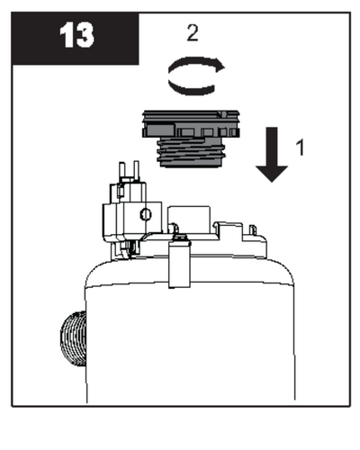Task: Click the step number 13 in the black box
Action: pyautogui.click(x=76, y=35)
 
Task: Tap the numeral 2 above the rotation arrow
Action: pyautogui.click(x=193, y=33)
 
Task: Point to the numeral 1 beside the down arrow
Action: pyautogui.click(x=300, y=147)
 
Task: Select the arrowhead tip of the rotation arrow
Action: pyautogui.click(x=225, y=67)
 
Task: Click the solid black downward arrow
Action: pyautogui.click(x=272, y=155)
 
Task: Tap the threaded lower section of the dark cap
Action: pyautogui.click(x=191, y=152)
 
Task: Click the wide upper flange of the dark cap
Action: pyautogui.click(x=191, y=124)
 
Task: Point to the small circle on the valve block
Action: pyautogui.click(x=146, y=214)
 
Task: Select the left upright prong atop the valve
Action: pyautogui.click(x=122, y=170)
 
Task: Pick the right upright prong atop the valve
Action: pyautogui.click(x=136, y=170)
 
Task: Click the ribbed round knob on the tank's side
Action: pyautogui.click(x=74, y=338)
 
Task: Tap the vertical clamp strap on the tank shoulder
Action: pyautogui.click(x=179, y=264)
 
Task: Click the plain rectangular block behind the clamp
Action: pyautogui.click(x=189, y=219)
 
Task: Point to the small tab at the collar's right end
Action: pyautogui.click(x=253, y=230)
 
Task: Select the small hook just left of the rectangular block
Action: pyautogui.click(x=174, y=228)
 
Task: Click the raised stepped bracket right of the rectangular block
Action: pyautogui.click(x=229, y=230)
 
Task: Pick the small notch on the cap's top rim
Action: pyautogui.click(x=221, y=114)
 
